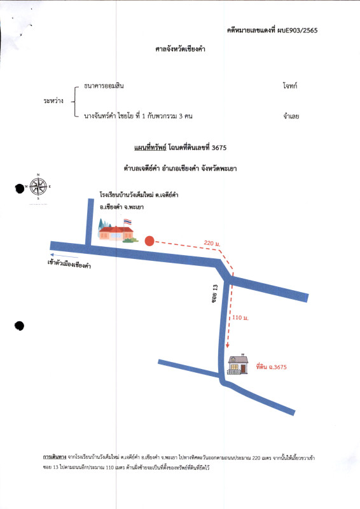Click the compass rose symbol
38,186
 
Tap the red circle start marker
149,241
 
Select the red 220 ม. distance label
212,243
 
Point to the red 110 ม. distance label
240,317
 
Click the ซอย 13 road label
214,293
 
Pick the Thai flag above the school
128,222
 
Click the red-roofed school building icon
116,233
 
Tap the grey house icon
238,364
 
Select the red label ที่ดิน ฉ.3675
272,367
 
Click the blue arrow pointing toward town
64,256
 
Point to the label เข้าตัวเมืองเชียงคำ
69,264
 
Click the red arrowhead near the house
228,345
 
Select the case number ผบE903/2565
297,31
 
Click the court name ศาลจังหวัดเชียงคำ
180,49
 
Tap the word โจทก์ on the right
290,86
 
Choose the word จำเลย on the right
291,116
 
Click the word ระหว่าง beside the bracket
53,101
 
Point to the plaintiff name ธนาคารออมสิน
104,86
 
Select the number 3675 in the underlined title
219,148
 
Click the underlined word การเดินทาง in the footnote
55,457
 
